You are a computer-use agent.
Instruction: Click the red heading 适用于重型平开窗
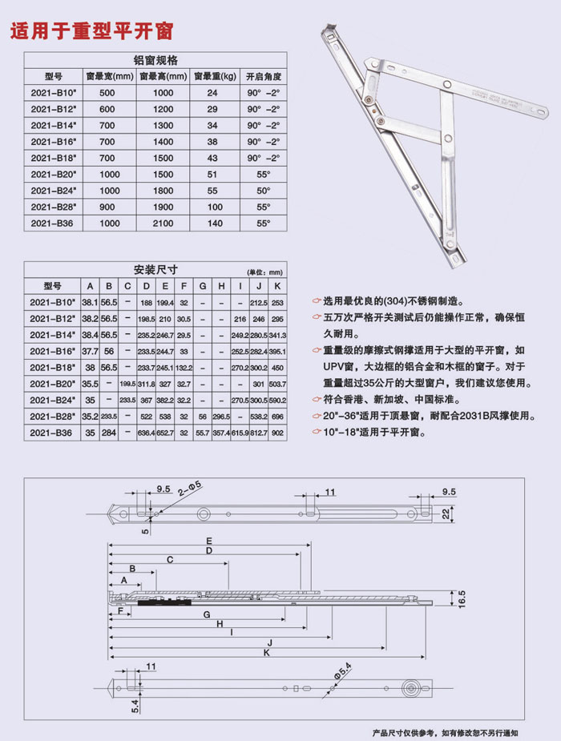coord(90,31)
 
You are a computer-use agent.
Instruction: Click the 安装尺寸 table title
coord(155,270)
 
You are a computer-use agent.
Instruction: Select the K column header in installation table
coord(277,286)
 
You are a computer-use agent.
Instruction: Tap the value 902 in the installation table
coord(277,432)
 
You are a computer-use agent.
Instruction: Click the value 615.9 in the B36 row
coord(239,432)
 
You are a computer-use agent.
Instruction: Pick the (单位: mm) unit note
coord(264,272)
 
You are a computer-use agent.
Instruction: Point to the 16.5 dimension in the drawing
coord(461,598)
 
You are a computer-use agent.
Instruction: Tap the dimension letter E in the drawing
coord(208,540)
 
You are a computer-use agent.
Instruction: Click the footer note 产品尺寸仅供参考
coord(404,732)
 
